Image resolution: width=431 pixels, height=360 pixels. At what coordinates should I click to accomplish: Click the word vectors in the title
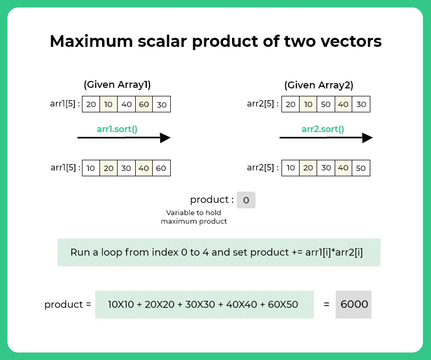pyautogui.click(x=352, y=42)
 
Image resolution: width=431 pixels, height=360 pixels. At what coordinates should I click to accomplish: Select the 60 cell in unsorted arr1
pyautogui.click(x=144, y=104)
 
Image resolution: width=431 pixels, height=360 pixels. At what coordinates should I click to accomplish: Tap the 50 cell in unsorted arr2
pyautogui.click(x=326, y=104)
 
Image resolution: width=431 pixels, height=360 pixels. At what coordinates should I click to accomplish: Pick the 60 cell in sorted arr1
pyautogui.click(x=161, y=168)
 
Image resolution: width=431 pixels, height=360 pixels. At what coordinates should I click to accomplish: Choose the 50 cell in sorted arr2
pyautogui.click(x=361, y=168)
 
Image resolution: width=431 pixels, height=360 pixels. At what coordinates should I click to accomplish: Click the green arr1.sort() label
pyautogui.click(x=118, y=129)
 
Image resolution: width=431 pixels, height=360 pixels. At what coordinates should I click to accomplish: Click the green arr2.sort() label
pyautogui.click(x=322, y=129)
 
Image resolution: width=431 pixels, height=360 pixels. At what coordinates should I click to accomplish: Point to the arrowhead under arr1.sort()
pyautogui.click(x=165, y=138)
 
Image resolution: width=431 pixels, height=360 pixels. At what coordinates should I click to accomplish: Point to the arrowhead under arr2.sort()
pyautogui.click(x=367, y=138)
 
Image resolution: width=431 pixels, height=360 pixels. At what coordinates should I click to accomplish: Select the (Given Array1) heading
pyautogui.click(x=117, y=85)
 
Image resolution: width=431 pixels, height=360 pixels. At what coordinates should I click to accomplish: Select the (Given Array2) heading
pyautogui.click(x=319, y=85)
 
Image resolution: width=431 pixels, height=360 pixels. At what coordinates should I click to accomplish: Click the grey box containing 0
pyautogui.click(x=246, y=200)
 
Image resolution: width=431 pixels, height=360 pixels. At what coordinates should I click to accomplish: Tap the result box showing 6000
pyautogui.click(x=353, y=305)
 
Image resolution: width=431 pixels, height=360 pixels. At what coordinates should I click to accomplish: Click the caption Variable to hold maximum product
pyautogui.click(x=194, y=217)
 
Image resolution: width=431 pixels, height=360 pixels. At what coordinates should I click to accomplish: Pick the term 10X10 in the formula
pyautogui.click(x=122, y=305)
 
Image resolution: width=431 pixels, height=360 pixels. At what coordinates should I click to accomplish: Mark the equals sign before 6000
pyautogui.click(x=326, y=305)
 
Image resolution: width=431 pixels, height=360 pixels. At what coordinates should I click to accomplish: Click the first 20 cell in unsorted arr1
pyautogui.click(x=91, y=104)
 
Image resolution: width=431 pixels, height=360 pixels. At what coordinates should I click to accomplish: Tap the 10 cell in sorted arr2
pyautogui.click(x=290, y=168)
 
